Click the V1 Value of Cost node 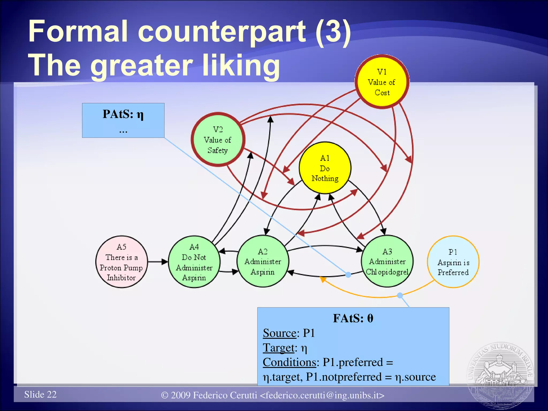[382, 82]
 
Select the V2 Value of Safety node [218, 139]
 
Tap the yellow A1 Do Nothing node [325, 168]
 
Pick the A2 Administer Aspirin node [263, 261]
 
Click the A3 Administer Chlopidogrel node [387, 261]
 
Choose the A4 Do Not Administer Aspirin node [194, 262]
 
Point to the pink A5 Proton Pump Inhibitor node [121, 262]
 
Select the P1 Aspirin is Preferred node [453, 262]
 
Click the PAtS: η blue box [123, 120]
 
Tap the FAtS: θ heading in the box [353, 318]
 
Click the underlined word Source [280, 333]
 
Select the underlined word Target [279, 348]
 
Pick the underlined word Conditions [289, 362]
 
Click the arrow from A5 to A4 [158, 262]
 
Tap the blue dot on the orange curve [400, 295]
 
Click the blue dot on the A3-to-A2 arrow [348, 275]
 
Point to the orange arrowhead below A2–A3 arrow [323, 279]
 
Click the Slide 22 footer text [40, 394]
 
